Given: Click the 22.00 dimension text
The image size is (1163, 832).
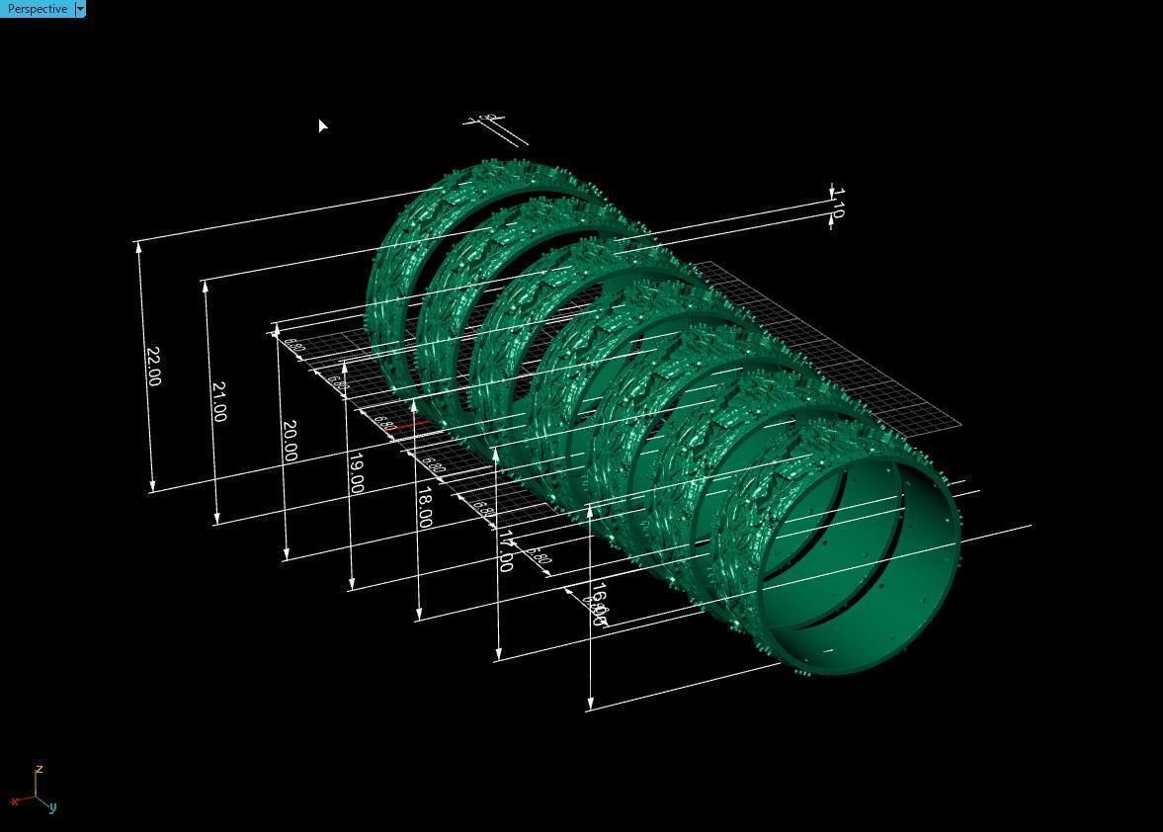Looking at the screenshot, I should [153, 366].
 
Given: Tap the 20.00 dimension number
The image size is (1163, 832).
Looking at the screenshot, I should [289, 441].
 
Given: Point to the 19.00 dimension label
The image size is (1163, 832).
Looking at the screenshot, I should [356, 473].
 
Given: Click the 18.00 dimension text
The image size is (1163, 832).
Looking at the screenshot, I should [424, 507].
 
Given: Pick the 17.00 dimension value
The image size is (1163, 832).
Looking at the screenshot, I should [505, 550].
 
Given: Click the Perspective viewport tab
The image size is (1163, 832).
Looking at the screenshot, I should [37, 9].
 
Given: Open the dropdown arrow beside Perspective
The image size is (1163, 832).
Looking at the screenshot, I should [80, 9].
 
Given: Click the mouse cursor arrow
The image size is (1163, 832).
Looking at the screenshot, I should [322, 125].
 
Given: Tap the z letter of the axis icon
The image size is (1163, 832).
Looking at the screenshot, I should [39, 769].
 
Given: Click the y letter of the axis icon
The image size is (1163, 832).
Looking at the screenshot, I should [52, 807].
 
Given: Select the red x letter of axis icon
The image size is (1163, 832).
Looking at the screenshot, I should [15, 801].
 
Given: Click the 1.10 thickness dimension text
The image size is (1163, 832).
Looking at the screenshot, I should [838, 209].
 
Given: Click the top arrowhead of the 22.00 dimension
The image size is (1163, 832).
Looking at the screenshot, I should [139, 247].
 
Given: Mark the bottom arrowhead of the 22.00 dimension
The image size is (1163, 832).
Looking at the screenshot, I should [152, 484].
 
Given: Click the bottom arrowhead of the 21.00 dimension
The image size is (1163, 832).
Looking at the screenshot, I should [216, 518].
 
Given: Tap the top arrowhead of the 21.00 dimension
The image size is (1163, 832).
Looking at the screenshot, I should [206, 287].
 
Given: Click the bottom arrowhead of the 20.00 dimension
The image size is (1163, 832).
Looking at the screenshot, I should [287, 554].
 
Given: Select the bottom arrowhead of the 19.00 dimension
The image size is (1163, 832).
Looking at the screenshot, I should [352, 584].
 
